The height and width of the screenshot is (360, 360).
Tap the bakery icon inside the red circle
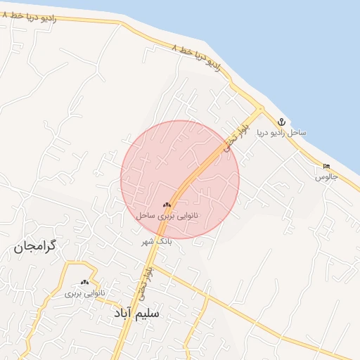coord(167,205)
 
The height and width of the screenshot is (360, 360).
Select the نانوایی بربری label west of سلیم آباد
coord(85,292)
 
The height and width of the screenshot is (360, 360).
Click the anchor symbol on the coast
coord(281,122)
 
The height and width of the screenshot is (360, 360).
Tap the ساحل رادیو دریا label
coord(281,133)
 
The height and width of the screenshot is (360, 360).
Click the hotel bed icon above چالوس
coord(326,166)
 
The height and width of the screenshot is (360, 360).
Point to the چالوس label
coord(327,176)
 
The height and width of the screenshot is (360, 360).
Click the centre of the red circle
coord(180,179)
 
